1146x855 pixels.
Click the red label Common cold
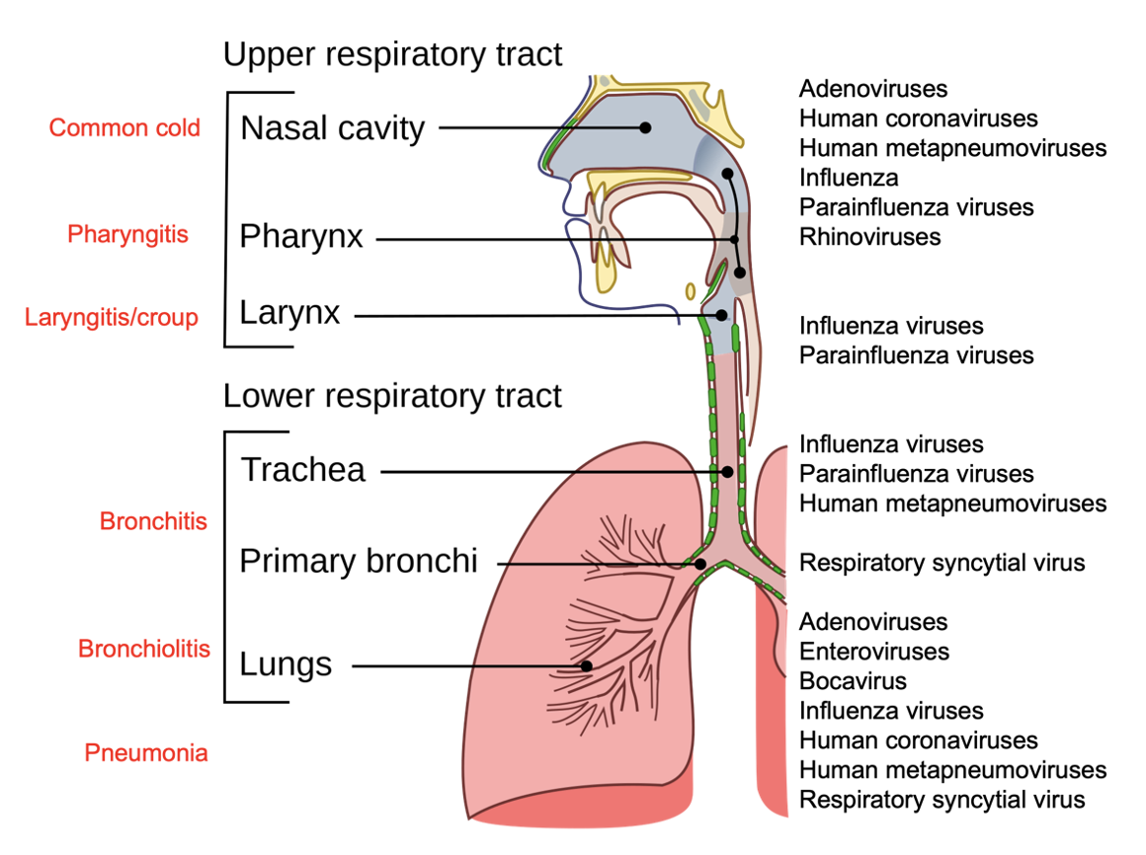[124, 127]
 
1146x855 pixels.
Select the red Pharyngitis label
[127, 234]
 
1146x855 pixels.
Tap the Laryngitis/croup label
[112, 317]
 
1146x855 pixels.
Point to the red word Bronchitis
[153, 520]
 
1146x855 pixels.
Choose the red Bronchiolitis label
[144, 649]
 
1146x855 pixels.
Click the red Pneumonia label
[146, 753]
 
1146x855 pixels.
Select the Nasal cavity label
[332, 128]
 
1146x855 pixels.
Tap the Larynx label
[289, 313]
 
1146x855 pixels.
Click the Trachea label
[302, 470]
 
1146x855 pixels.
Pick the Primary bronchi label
[358, 561]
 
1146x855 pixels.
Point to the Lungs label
[286, 664]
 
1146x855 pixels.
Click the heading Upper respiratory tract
[392, 53]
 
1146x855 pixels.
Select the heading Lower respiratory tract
[392, 396]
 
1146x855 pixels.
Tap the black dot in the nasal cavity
[645, 127]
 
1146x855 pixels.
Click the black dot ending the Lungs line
[586, 665]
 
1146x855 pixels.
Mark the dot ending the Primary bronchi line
[700, 564]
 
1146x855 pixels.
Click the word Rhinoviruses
[869, 237]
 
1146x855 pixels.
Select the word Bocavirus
[853, 681]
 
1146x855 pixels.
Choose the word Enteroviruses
[873, 652]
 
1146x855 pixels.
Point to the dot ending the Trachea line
[728, 472]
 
